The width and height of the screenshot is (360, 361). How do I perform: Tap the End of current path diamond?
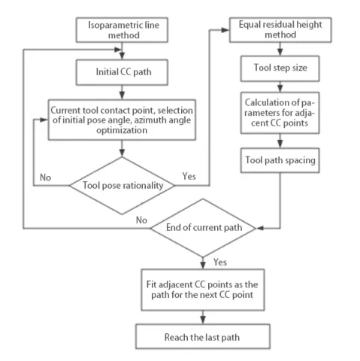[x=204, y=226]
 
